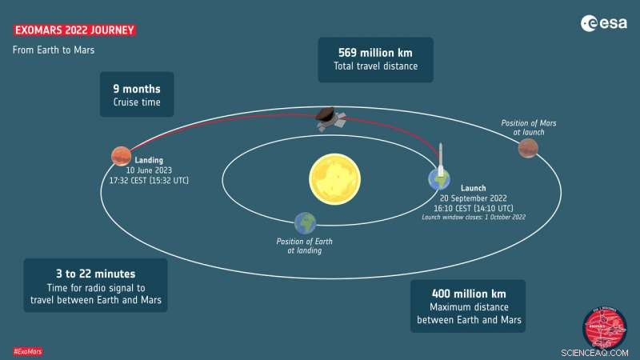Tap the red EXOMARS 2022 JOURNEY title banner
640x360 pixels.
(74, 30)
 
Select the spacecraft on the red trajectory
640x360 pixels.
(329, 118)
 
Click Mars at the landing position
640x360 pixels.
(121, 154)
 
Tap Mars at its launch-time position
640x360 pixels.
(528, 148)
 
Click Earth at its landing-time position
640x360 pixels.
(305, 223)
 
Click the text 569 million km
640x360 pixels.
(375, 52)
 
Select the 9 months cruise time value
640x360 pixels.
(136, 89)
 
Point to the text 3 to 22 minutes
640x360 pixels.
(96, 273)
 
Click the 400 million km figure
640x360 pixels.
(468, 293)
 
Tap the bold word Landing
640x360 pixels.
(149, 161)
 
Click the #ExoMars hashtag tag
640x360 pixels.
(28, 351)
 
